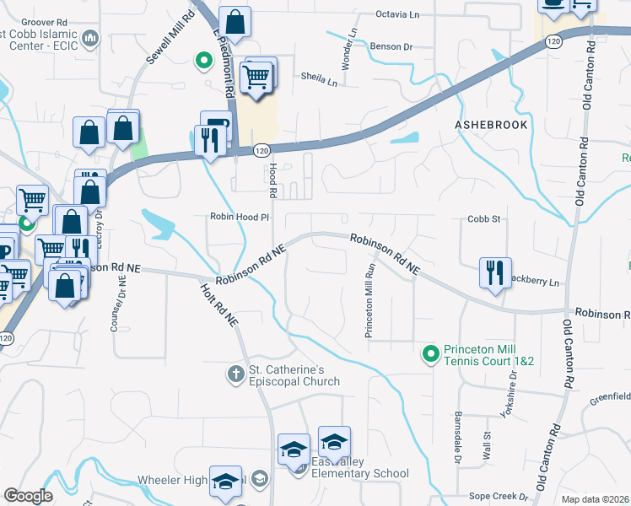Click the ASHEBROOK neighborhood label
[491, 125]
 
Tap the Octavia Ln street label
[396, 14]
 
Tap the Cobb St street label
[484, 218]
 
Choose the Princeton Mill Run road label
[369, 300]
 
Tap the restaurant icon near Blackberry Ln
[494, 272]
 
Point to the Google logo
[28, 496]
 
